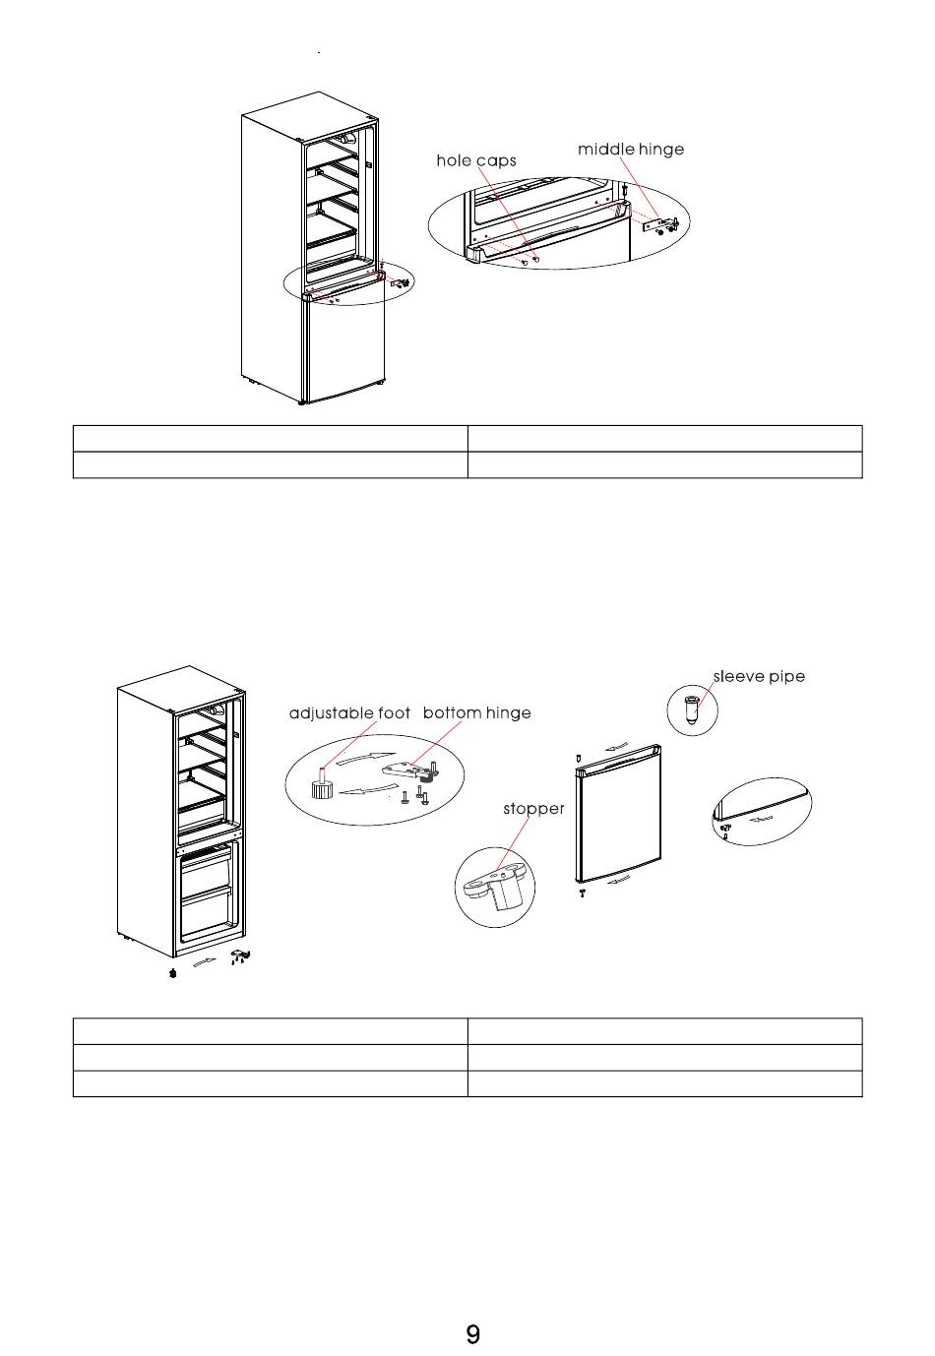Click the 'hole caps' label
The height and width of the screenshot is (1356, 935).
(x=476, y=160)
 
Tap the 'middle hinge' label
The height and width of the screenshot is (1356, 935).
(x=630, y=150)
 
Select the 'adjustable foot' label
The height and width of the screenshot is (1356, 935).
(x=349, y=713)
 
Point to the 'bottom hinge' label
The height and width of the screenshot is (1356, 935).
(x=477, y=713)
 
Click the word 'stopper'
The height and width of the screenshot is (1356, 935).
(x=533, y=809)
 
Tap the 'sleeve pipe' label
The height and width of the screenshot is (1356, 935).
(x=759, y=677)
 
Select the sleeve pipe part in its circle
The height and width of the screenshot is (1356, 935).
(x=692, y=709)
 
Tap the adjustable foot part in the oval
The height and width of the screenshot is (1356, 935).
(x=321, y=782)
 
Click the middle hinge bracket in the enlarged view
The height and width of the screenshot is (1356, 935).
(x=658, y=224)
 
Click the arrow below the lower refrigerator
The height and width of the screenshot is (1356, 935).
(x=204, y=963)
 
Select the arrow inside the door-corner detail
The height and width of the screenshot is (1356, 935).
(x=761, y=819)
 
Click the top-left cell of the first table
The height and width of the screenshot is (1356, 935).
(x=270, y=439)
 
